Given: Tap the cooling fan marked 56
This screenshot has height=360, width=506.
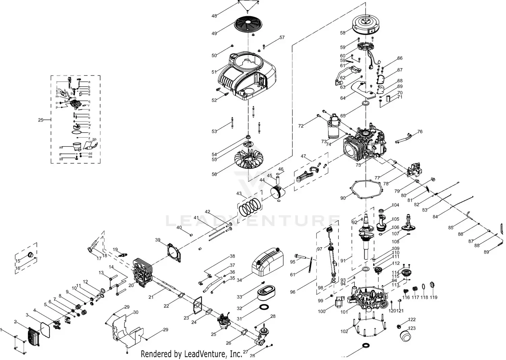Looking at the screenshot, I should tap(249, 161).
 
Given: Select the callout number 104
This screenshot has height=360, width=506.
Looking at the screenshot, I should tap(395, 205).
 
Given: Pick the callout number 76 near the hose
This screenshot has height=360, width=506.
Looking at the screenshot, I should tap(420, 132).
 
